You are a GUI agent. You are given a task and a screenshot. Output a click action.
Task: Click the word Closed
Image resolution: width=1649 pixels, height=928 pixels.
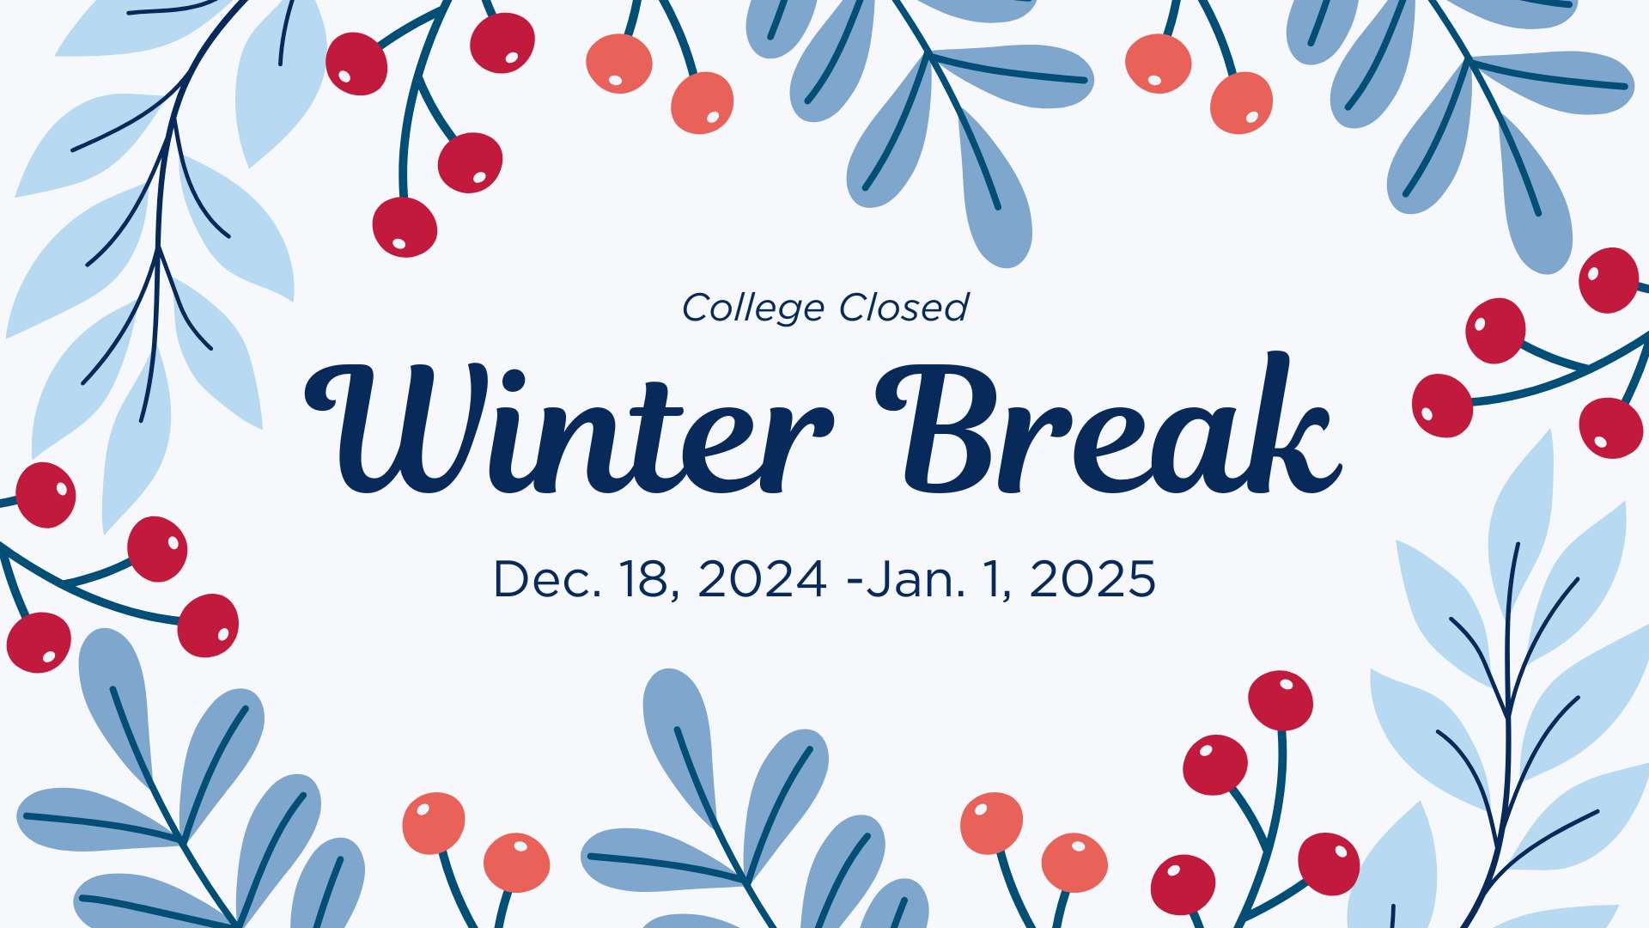pyautogui.click(x=904, y=307)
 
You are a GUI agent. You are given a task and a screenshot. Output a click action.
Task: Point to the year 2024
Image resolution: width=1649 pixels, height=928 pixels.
pyautogui.click(x=763, y=578)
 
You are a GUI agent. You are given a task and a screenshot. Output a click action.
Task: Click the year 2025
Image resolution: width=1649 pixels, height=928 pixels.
pyautogui.click(x=1092, y=578)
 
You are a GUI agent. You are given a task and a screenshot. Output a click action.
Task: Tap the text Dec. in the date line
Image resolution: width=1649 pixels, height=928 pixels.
pyautogui.click(x=547, y=578)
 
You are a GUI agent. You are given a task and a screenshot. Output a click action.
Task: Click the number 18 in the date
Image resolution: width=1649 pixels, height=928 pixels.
pyautogui.click(x=645, y=578)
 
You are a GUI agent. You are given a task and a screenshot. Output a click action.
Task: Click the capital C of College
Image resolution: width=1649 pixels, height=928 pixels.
pyautogui.click(x=699, y=308)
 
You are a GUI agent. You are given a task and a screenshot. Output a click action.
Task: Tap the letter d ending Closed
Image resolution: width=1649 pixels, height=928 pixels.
pyautogui.click(x=956, y=307)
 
